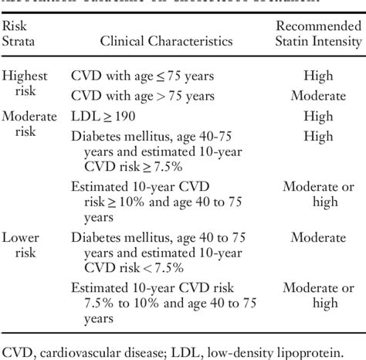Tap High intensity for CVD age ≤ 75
coord(318,76)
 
